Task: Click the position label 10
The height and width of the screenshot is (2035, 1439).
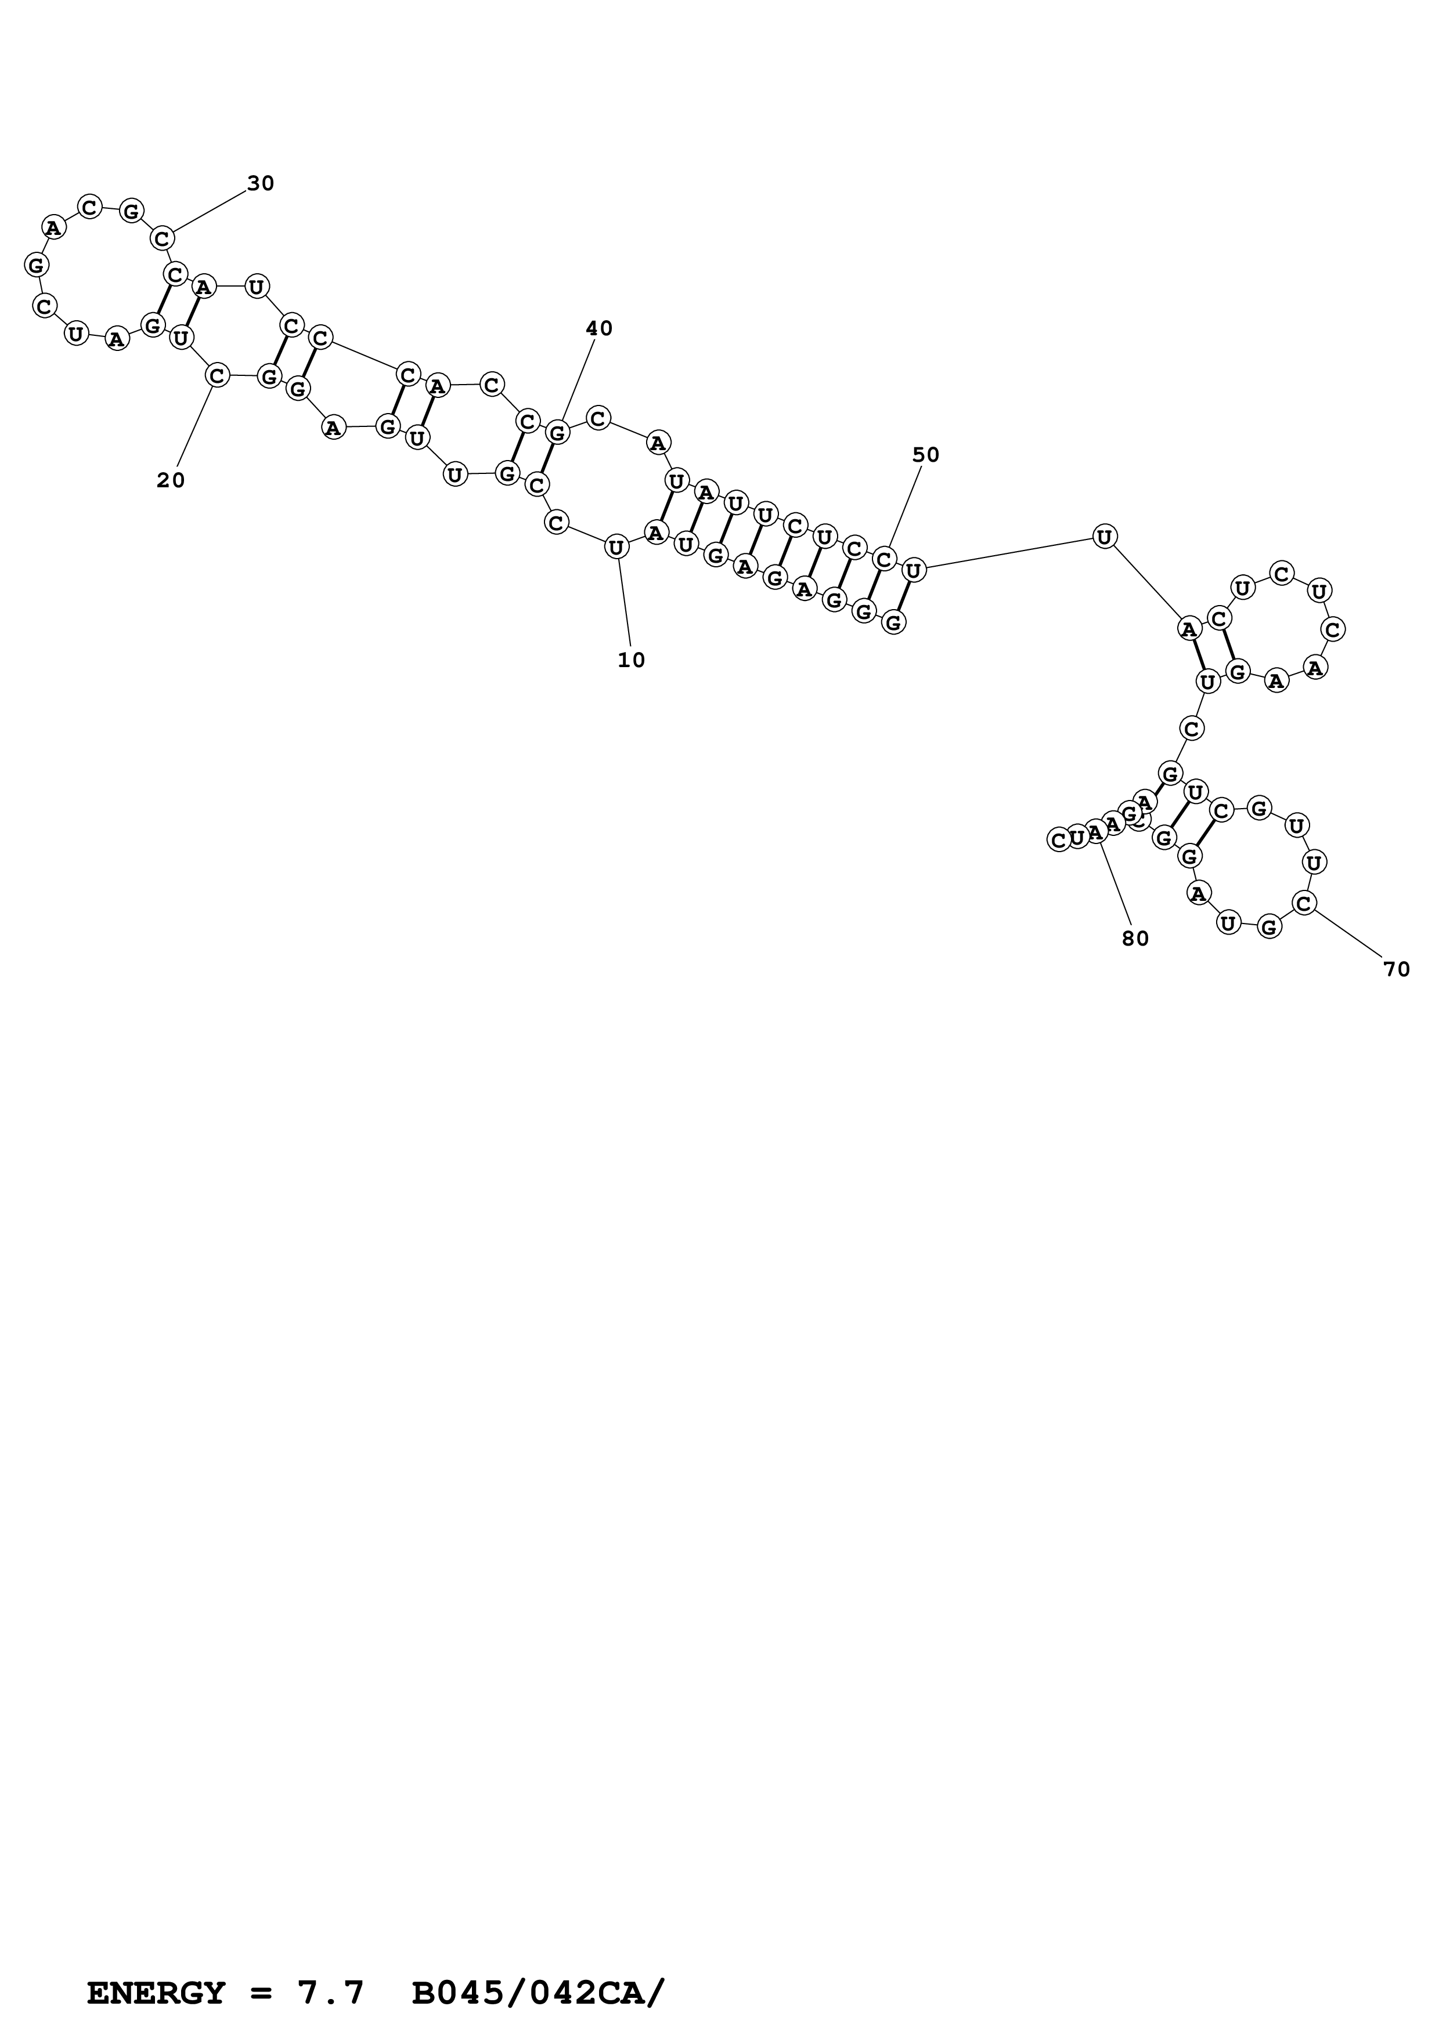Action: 632,660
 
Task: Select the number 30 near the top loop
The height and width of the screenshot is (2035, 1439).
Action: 261,183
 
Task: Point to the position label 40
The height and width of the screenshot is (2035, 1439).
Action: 600,329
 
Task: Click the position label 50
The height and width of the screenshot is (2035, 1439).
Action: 926,455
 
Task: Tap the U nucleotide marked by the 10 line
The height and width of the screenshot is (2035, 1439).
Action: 616,548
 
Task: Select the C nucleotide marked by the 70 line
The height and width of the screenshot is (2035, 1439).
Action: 1303,903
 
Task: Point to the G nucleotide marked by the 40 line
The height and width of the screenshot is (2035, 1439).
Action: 557,433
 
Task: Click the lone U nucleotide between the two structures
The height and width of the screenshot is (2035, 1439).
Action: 1104,536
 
